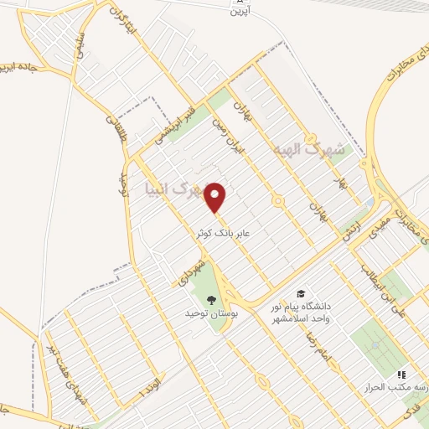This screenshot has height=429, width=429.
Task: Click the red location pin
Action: point(217,197)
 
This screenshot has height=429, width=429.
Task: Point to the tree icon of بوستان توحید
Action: point(210,300)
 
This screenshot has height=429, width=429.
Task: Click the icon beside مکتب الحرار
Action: point(401,375)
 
